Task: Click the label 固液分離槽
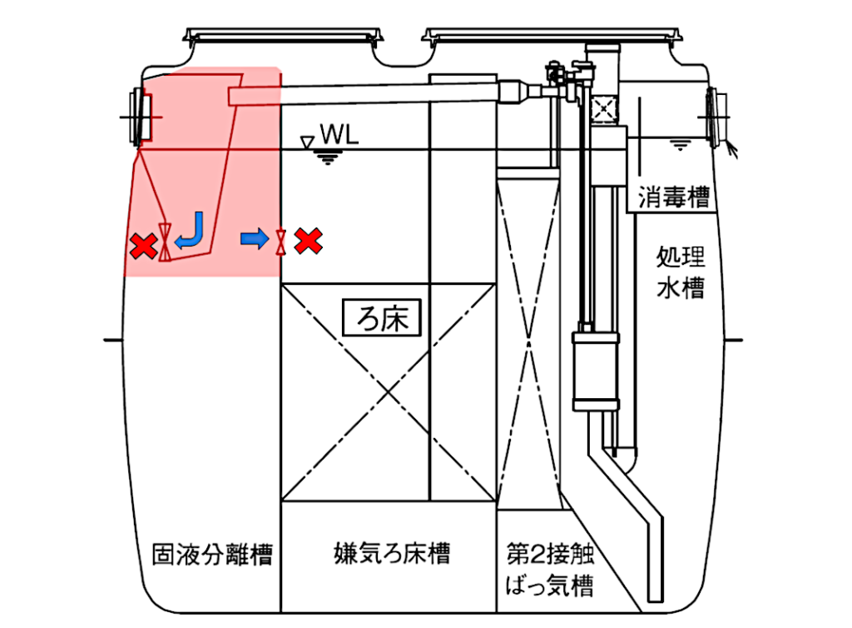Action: point(212,554)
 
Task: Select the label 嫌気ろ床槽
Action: point(380,554)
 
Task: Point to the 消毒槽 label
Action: point(674,198)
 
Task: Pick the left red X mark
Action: point(144,245)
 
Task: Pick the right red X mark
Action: point(309,241)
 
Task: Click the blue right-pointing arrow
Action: point(255,240)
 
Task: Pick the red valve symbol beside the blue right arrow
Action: point(280,241)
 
